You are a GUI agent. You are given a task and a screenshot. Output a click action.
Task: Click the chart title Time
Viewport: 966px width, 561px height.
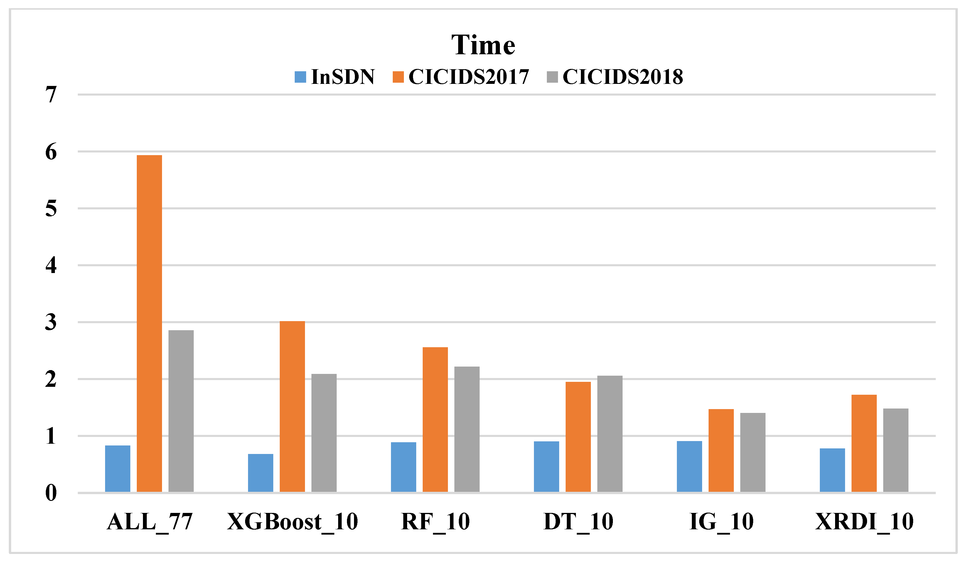click(483, 45)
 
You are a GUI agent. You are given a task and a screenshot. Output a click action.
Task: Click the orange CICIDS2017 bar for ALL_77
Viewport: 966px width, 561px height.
click(149, 323)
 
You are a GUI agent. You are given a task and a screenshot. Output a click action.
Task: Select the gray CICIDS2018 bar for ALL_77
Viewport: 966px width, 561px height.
click(181, 411)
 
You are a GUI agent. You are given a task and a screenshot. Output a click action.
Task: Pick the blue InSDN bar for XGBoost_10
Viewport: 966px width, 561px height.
click(261, 473)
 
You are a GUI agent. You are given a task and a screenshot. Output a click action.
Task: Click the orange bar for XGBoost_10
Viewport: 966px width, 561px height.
click(292, 407)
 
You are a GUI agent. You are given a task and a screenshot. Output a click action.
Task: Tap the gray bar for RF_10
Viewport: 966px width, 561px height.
click(467, 429)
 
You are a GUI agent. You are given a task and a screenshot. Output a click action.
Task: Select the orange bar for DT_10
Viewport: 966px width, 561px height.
click(578, 437)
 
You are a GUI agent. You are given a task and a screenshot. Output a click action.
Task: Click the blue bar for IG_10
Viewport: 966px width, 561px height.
click(689, 466)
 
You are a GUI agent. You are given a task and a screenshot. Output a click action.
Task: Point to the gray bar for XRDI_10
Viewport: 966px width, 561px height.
click(896, 450)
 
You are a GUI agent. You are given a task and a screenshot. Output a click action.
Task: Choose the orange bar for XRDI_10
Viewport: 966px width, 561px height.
click(864, 443)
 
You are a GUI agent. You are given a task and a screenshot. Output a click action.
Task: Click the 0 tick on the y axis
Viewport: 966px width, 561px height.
click(51, 493)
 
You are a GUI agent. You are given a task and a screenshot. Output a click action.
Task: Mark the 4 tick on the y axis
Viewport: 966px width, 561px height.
click(51, 265)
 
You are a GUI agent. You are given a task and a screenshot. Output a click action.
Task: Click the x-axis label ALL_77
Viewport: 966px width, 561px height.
click(149, 522)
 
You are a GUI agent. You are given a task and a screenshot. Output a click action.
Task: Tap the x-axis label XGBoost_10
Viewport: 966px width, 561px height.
click(292, 522)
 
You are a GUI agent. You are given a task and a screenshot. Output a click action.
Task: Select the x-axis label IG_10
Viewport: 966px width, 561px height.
click(721, 522)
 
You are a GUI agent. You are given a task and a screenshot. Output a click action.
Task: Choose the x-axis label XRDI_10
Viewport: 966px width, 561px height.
click(864, 522)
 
